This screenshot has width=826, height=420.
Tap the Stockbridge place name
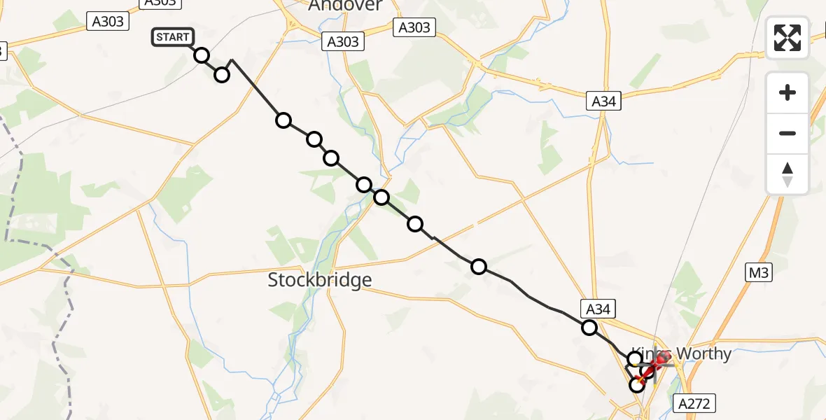pyautogui.click(x=319, y=280)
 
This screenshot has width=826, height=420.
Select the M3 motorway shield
pyautogui.click(x=758, y=273)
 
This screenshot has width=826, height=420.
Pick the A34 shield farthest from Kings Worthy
pyautogui.click(x=603, y=101)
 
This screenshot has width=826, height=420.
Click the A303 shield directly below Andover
pyautogui.click(x=343, y=41)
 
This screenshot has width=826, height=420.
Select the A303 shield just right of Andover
pyautogui.click(x=414, y=27)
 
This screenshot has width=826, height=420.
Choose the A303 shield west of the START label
pyautogui.click(x=108, y=21)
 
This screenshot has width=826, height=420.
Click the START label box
pyautogui.click(x=172, y=37)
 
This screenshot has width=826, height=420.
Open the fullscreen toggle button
pyautogui.click(x=787, y=37)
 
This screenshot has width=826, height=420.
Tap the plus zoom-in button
pyautogui.click(x=787, y=92)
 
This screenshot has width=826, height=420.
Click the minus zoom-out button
pyautogui.click(x=787, y=133)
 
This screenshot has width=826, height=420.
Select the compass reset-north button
pyautogui.click(x=787, y=174)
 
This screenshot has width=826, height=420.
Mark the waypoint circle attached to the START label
pyautogui.click(x=202, y=55)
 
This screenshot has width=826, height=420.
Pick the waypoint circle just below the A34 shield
pyautogui.click(x=589, y=327)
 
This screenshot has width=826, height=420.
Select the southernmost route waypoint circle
pyautogui.click(x=637, y=384)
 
